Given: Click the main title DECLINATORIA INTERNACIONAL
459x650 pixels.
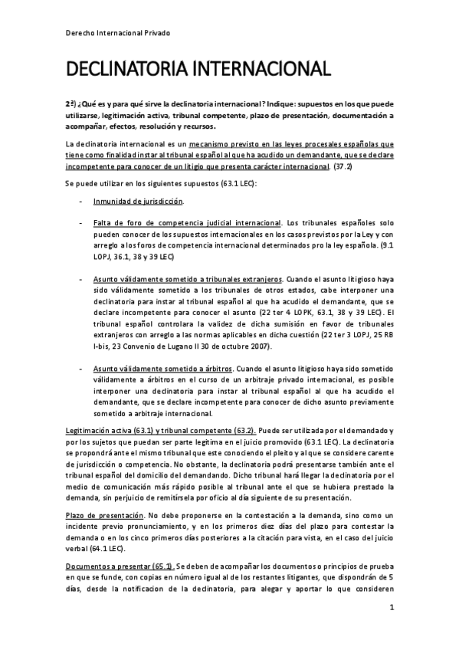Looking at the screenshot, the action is (198, 71).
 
